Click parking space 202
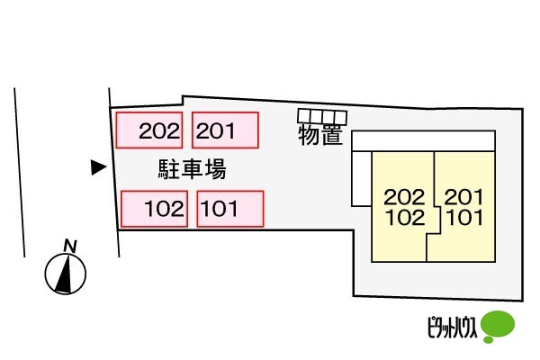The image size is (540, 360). [x=150, y=130]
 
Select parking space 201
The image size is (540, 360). [x=226, y=130]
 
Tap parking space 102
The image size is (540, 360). [x=154, y=209]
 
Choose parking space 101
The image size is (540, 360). [x=229, y=209]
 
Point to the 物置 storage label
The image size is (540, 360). [x=320, y=136]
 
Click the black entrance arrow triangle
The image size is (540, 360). [x=98, y=166]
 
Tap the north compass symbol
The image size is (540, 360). [x=66, y=274]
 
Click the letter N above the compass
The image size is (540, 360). [x=69, y=245]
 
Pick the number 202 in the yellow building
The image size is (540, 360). [x=402, y=197]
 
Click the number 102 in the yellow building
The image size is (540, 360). [x=402, y=217]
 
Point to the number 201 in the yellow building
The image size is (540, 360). [x=464, y=197]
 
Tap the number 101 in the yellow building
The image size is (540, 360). [x=464, y=217]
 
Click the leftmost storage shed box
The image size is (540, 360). [x=304, y=115]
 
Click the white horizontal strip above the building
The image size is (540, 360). [x=422, y=140]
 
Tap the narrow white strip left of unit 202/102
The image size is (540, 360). [x=361, y=179]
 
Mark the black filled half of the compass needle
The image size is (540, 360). [x=61, y=277]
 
